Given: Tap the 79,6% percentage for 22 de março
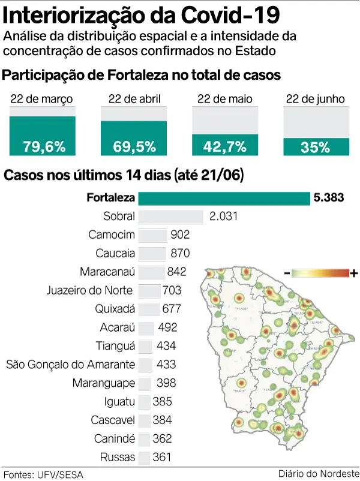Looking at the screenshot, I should (x=43, y=146).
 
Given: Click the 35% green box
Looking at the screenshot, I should (x=316, y=146).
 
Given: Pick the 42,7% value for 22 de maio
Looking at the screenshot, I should (x=225, y=146).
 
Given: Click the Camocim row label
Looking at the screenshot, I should (x=112, y=235).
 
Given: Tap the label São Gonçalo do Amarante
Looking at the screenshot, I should (x=70, y=365).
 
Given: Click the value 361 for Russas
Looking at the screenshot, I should (x=162, y=457).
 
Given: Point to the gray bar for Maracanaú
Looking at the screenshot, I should (x=151, y=272).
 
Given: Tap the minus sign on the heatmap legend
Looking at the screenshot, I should (x=287, y=273).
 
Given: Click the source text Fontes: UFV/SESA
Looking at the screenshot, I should (x=43, y=474).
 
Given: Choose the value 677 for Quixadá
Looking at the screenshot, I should (x=172, y=309).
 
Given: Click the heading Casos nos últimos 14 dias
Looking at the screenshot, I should (x=123, y=176).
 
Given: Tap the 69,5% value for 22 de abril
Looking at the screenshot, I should (x=134, y=146).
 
